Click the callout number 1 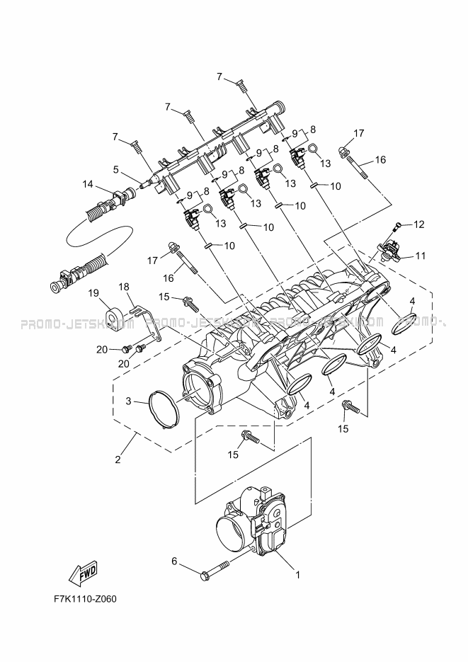click(x=298, y=574)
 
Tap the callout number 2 click(x=118, y=459)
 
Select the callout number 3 click(x=129, y=401)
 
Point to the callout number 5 click(x=115, y=169)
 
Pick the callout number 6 click(x=174, y=561)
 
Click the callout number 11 click(x=420, y=256)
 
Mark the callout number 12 click(x=419, y=224)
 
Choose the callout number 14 click(x=87, y=184)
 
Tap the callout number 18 click(x=124, y=287)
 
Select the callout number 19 click(x=93, y=292)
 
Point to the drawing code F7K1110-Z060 click(x=84, y=599)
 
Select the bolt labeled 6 click(x=215, y=567)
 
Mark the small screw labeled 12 click(x=398, y=227)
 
